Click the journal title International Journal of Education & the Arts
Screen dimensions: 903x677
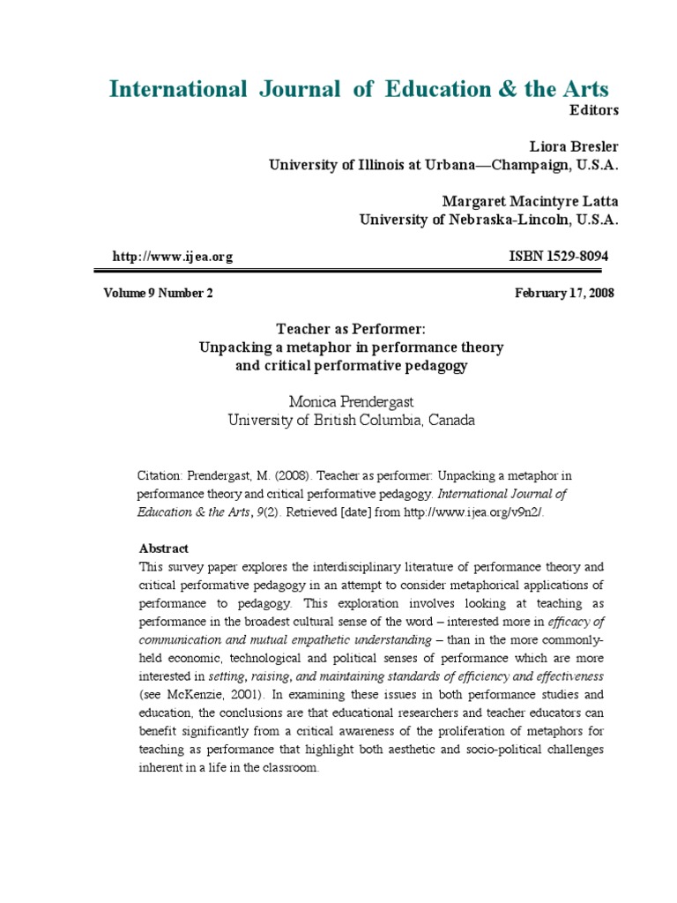(358, 88)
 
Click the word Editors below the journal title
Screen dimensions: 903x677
(596, 110)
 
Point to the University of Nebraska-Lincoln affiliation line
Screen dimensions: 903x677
(488, 220)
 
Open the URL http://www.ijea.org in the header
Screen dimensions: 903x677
(173, 257)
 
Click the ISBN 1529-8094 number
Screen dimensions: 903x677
(559, 256)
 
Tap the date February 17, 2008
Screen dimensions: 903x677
(564, 294)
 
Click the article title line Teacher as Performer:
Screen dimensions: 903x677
(352, 328)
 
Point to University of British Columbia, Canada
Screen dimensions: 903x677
(351, 420)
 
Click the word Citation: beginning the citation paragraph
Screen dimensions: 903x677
(160, 475)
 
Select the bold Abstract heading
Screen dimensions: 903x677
(163, 548)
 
